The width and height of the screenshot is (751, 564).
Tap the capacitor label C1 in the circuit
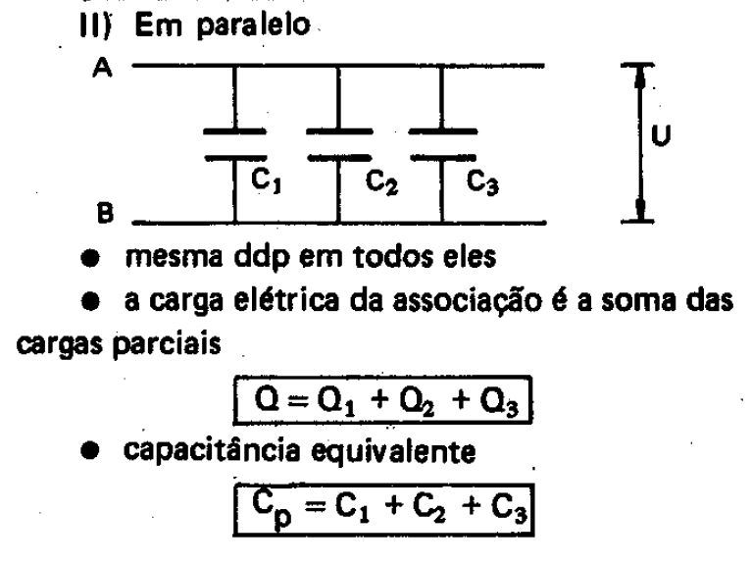pos(262,181)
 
